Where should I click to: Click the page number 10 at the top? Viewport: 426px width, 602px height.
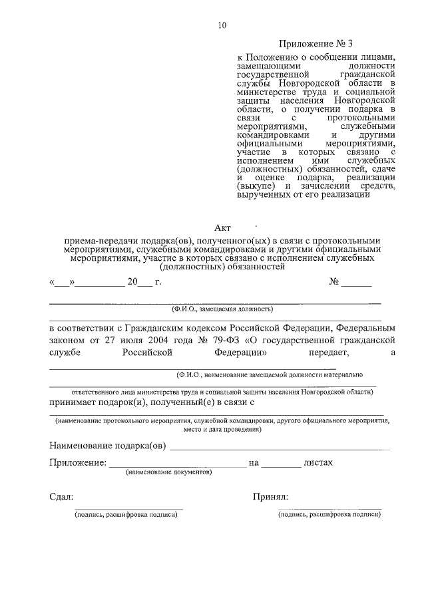click(222, 26)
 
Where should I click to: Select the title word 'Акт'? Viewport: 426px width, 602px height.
click(222, 227)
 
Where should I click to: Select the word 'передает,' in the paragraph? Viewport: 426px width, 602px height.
click(319, 352)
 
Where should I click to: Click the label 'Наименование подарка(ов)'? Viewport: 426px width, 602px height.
click(107, 446)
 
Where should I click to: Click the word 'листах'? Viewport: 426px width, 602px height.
click(318, 462)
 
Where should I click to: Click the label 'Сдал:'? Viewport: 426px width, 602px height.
click(62, 497)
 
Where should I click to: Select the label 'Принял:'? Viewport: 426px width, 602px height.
click(270, 497)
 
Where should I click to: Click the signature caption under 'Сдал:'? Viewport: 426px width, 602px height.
click(126, 514)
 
